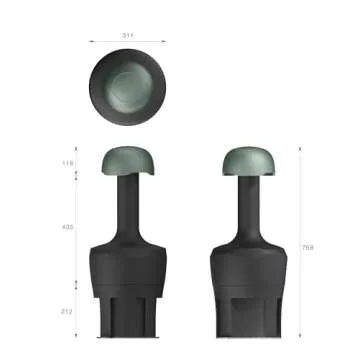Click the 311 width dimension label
(128, 35)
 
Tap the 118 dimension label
(68, 162)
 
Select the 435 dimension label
(68, 228)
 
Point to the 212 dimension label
(68, 312)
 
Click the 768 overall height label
(308, 247)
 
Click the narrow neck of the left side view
(126, 205)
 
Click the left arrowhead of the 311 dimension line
(91, 41)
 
